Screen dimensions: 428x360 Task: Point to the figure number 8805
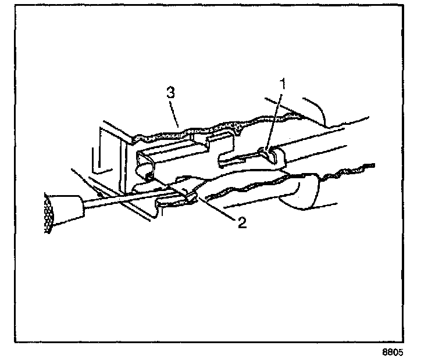click(393, 351)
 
